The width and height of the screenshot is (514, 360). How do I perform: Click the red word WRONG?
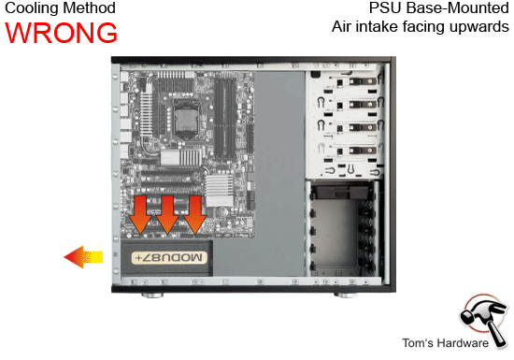[x=62, y=32]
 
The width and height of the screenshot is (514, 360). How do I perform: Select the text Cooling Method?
[x=61, y=8]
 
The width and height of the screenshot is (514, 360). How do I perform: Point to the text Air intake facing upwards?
[x=420, y=26]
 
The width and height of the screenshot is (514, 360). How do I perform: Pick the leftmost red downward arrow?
[x=138, y=214]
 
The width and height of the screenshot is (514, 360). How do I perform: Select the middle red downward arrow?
[x=166, y=214]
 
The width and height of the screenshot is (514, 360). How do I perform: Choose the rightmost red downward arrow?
[x=194, y=214]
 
